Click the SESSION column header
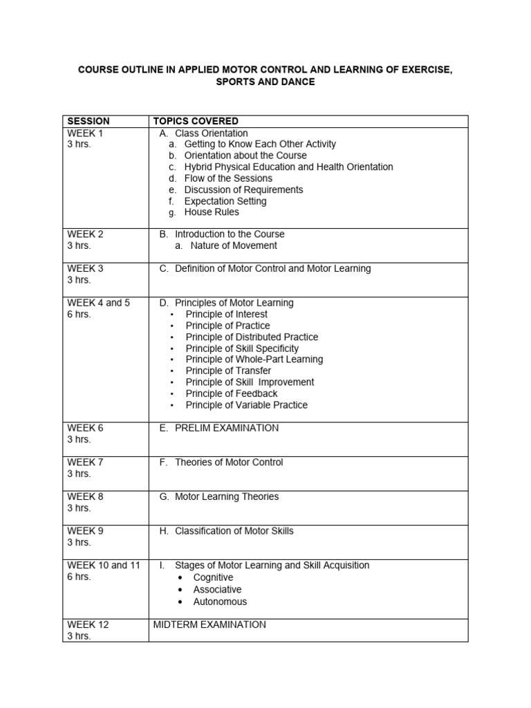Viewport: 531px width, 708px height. (x=88, y=122)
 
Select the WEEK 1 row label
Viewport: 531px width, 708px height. (x=85, y=133)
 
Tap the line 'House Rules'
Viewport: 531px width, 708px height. (x=212, y=212)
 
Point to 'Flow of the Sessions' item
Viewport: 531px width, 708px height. (x=228, y=178)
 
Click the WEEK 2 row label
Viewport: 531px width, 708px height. (x=85, y=234)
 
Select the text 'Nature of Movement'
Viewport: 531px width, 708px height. (x=234, y=245)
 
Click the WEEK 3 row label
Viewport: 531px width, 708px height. (x=85, y=268)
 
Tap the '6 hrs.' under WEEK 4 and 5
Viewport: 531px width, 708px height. (x=79, y=314)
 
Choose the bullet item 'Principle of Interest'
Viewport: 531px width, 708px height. (x=226, y=314)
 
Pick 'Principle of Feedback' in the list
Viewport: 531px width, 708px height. (x=232, y=393)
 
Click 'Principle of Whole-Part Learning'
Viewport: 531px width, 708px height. (x=254, y=360)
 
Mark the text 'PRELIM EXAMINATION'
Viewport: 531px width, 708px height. (x=227, y=428)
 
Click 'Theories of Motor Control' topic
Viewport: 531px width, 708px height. (x=229, y=463)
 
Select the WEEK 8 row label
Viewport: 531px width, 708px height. (x=85, y=496)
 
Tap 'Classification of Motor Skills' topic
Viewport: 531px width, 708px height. (x=234, y=531)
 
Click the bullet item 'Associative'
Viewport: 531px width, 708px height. (x=217, y=590)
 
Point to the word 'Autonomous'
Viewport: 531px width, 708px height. (x=220, y=602)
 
